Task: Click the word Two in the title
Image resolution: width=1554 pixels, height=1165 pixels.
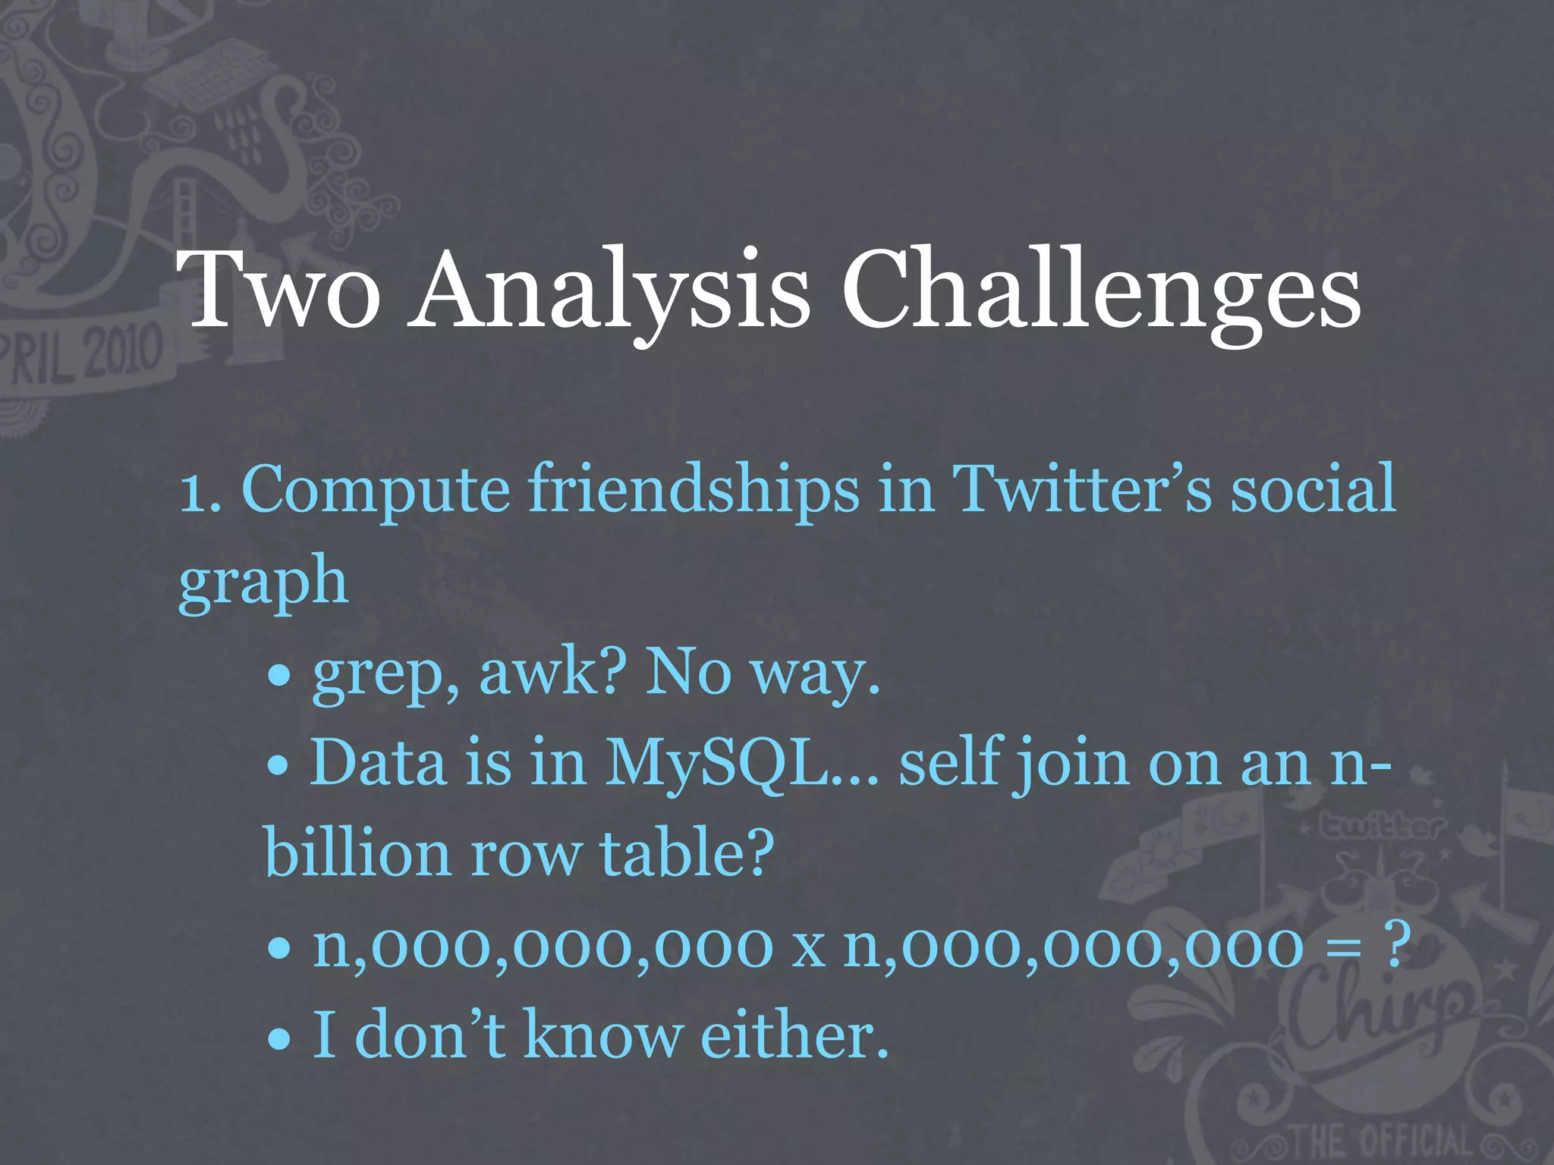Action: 278,291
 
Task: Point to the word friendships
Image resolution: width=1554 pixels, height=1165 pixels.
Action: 694,489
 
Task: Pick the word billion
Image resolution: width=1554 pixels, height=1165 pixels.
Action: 357,853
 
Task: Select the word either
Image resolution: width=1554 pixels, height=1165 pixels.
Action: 794,1035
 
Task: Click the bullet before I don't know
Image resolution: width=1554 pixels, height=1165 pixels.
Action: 280,1038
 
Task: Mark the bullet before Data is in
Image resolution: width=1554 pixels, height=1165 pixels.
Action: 280,767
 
